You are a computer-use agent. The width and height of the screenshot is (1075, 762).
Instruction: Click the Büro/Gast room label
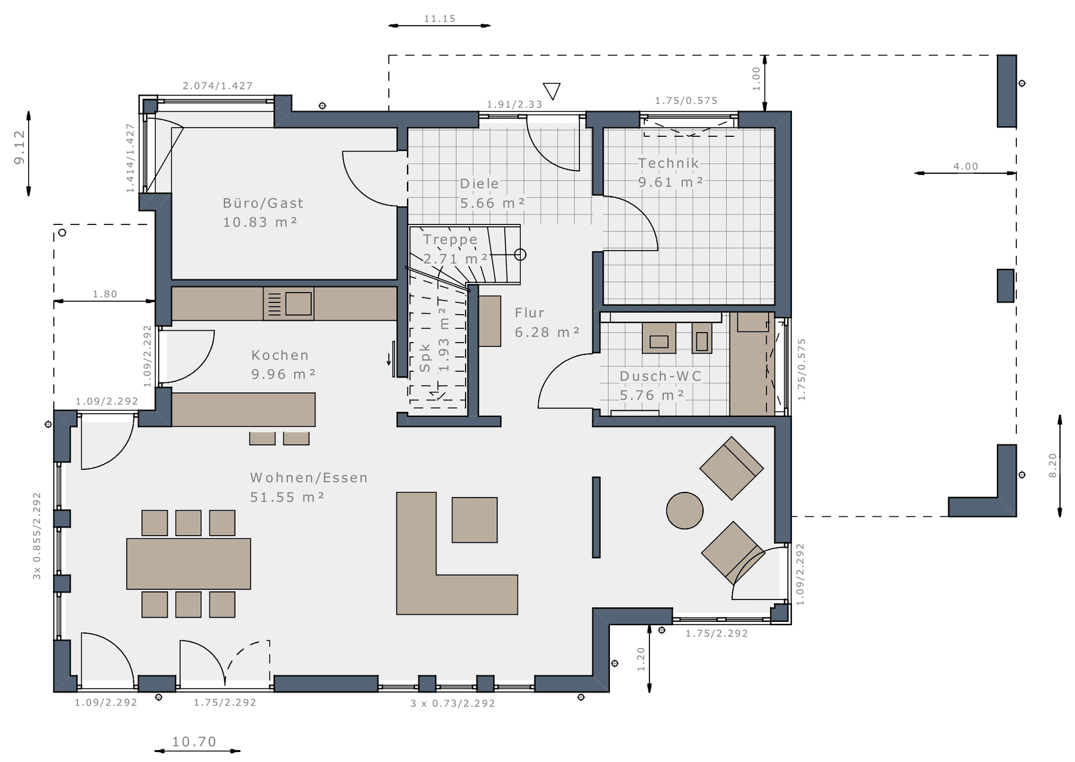(263, 203)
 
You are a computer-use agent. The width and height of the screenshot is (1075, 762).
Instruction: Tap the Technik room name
(668, 163)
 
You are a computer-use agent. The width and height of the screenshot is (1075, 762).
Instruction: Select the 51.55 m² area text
(287, 498)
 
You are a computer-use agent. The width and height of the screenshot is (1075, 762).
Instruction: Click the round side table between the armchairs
(684, 511)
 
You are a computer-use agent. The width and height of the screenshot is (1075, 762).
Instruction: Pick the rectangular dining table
(189, 564)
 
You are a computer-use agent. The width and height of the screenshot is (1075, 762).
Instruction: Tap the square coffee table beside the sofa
(475, 520)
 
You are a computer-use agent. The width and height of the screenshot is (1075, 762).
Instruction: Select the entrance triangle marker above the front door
(552, 91)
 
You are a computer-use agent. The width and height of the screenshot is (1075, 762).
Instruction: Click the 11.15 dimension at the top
(440, 19)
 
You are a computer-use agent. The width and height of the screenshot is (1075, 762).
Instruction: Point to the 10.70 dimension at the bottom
(194, 742)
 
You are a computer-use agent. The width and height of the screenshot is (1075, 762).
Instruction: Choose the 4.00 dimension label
(966, 166)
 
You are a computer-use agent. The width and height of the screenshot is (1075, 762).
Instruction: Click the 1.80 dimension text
(105, 294)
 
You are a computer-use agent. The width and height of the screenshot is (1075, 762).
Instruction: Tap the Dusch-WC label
(661, 376)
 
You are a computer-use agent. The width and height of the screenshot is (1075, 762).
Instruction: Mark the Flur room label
(530, 313)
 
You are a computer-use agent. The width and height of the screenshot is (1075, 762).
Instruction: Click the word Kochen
(280, 355)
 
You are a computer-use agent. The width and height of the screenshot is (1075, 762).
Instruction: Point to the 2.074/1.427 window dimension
(217, 86)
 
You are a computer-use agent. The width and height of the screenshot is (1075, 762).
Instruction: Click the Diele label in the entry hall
(480, 184)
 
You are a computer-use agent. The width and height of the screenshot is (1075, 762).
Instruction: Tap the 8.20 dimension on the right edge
(1052, 466)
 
